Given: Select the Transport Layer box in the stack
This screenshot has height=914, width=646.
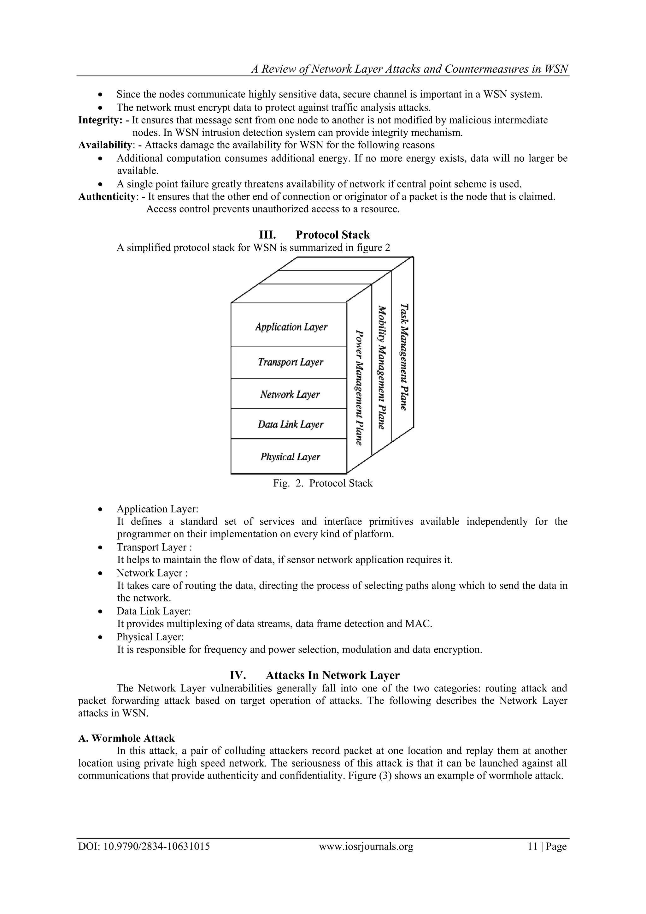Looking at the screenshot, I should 289,362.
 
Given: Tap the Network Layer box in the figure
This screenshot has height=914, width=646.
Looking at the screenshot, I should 289,394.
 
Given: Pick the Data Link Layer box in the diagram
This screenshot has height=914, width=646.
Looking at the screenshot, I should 289,424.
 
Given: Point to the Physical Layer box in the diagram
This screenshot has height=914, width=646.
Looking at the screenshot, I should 289,456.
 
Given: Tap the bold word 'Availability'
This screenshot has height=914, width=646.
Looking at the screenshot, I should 105,145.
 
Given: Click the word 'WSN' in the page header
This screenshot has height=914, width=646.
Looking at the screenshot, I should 556,69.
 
